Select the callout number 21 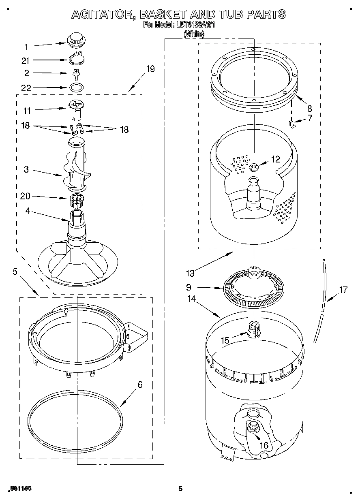(26, 60)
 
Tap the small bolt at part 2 (75, 74)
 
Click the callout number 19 (150, 69)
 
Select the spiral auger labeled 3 (77, 164)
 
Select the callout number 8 (309, 108)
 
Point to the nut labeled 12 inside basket (254, 167)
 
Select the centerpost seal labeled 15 (254, 329)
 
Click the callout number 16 (264, 445)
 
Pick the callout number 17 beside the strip (343, 290)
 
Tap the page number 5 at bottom (181, 489)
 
